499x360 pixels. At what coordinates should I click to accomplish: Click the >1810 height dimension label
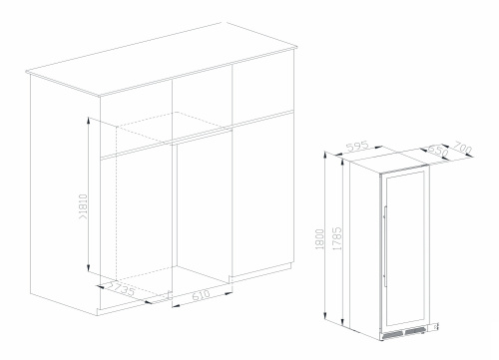point(83,206)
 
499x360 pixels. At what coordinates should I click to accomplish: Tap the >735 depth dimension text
point(122,288)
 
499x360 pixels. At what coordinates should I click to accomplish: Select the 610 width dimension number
point(202,294)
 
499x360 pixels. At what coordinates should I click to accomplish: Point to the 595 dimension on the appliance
point(357,147)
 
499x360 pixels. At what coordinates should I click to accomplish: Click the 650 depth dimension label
point(438,152)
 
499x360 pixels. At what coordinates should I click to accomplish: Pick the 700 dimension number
point(463,148)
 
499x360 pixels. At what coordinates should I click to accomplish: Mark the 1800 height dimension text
point(319,239)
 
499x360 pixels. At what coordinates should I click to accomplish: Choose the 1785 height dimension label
point(337,238)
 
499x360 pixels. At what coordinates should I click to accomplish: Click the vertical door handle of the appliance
point(385,246)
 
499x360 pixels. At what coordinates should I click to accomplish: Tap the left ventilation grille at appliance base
point(392,335)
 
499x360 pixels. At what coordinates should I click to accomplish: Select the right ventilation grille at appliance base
point(415,330)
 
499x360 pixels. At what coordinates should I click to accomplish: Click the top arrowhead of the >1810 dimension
point(88,120)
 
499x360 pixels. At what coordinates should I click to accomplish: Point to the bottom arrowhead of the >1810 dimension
point(88,267)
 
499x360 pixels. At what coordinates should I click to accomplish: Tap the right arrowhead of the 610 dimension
point(229,293)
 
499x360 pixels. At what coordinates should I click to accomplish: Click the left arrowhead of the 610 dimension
point(176,305)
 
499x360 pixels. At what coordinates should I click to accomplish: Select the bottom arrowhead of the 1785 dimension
point(342,321)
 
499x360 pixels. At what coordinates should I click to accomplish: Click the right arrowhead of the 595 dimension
point(378,147)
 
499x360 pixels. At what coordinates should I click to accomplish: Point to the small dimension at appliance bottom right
point(435,327)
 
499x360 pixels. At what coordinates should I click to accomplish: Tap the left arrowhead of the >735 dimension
point(99,286)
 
